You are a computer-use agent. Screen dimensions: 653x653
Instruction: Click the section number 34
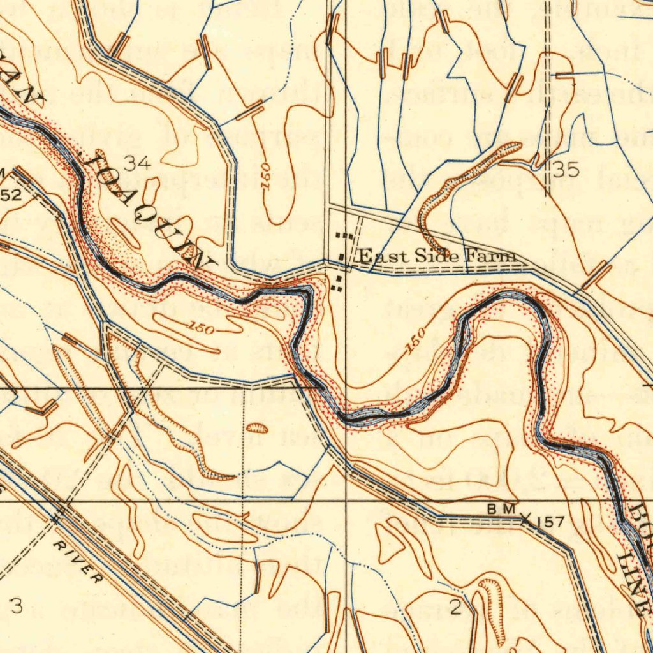tap(138, 164)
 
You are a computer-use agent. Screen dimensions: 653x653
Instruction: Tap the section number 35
tap(566, 170)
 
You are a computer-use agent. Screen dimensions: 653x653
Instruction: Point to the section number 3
tap(17, 606)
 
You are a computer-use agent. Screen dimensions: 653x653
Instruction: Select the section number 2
tap(455, 608)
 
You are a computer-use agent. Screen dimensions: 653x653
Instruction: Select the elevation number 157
tap(550, 522)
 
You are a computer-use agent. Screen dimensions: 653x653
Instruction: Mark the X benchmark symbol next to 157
tap(526, 520)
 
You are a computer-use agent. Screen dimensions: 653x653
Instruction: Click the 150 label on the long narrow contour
tap(203, 328)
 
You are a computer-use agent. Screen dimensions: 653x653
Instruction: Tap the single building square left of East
tap(342, 258)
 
